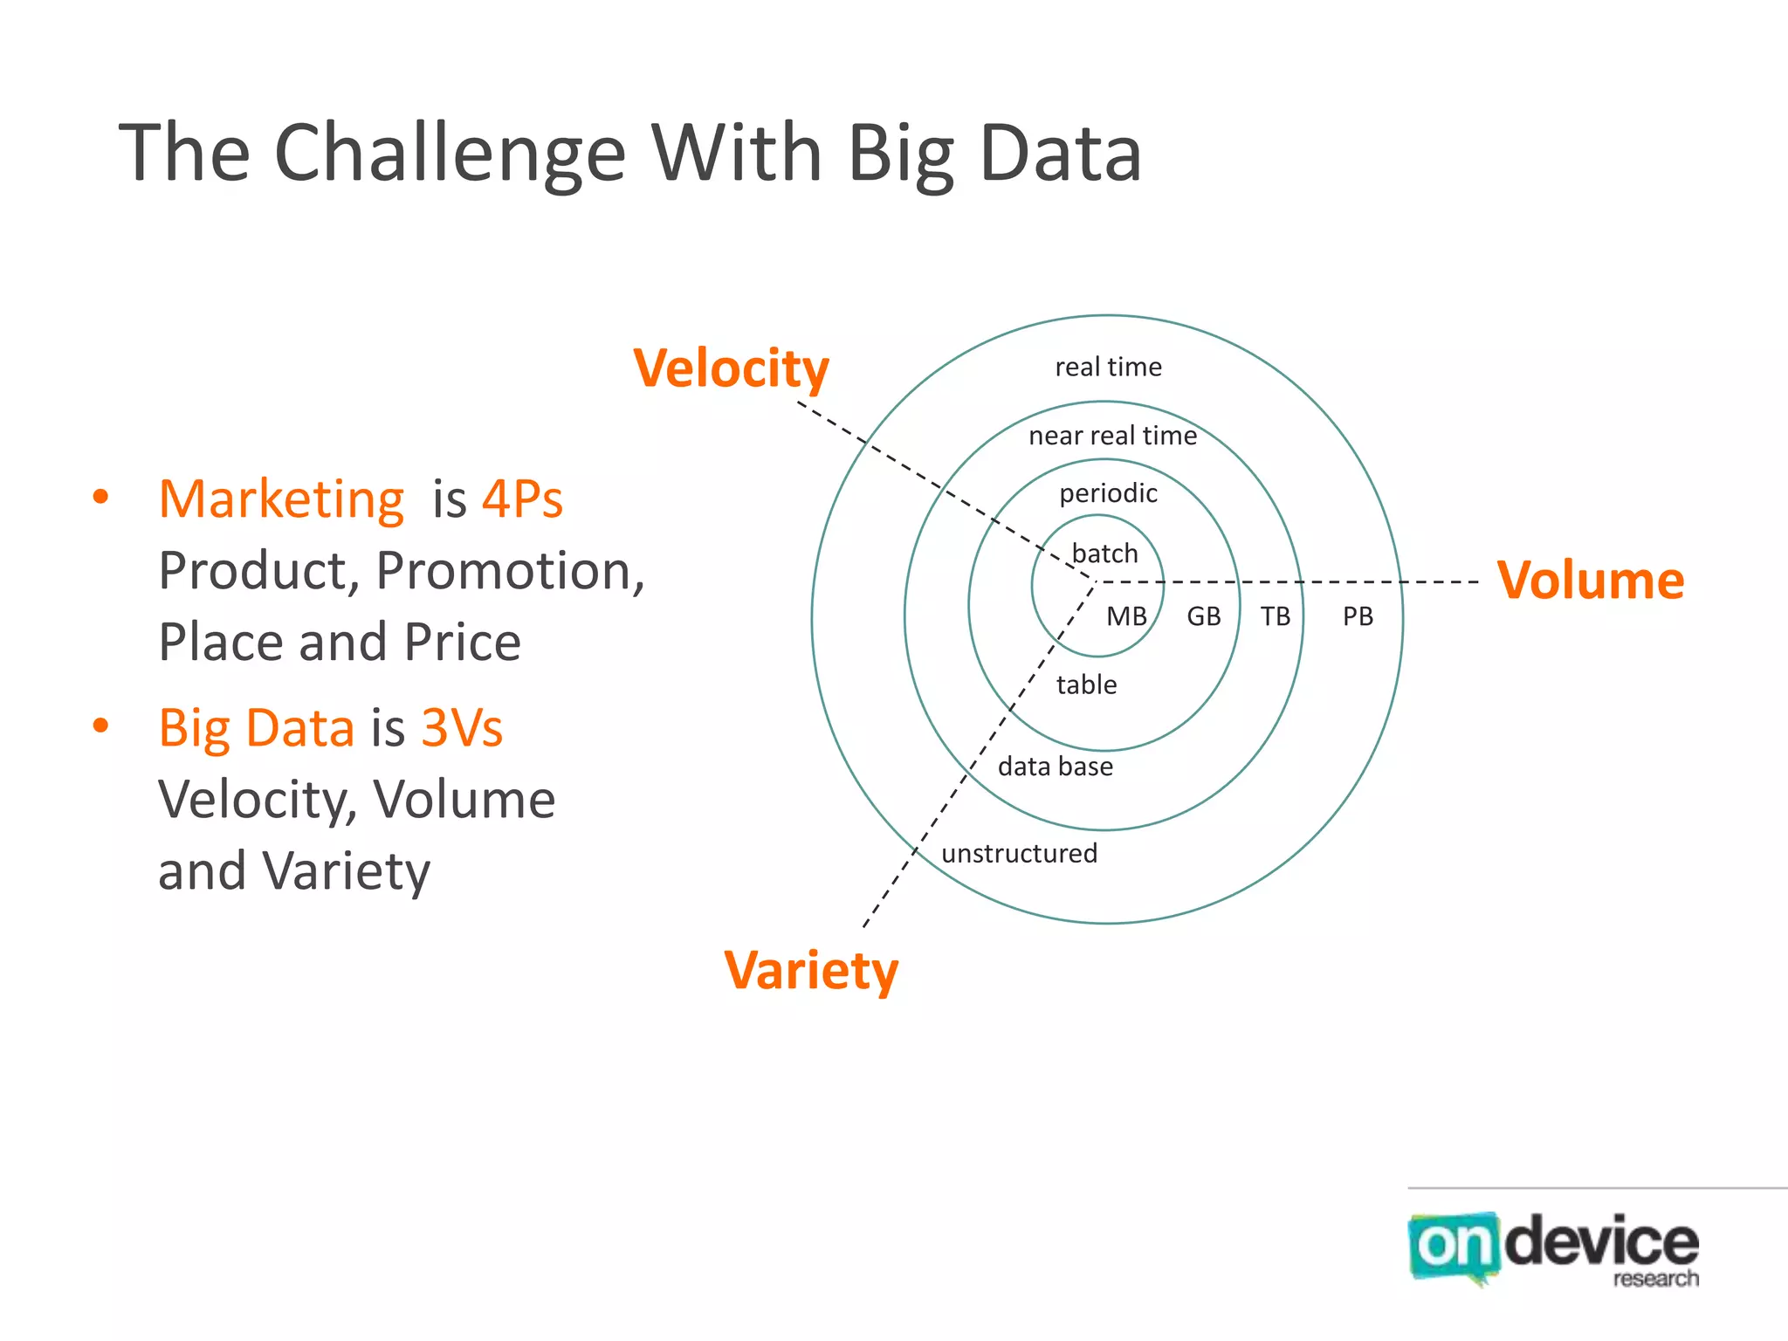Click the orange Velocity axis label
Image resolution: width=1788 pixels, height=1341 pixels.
click(x=731, y=369)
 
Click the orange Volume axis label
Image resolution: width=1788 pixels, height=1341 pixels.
click(x=1590, y=581)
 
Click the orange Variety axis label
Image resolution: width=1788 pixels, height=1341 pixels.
click(x=811, y=971)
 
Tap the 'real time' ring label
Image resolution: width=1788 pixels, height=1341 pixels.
click(x=1108, y=368)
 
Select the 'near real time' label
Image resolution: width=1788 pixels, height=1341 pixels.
click(x=1112, y=436)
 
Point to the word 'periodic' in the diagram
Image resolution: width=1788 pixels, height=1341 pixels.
click(x=1108, y=494)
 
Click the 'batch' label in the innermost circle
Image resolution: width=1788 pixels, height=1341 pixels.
click(x=1104, y=554)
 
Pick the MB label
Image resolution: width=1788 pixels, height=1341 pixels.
click(x=1126, y=617)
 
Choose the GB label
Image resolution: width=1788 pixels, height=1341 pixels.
click(x=1203, y=617)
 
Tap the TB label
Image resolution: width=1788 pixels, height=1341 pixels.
click(x=1275, y=617)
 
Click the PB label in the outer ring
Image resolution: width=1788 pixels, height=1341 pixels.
click(x=1358, y=617)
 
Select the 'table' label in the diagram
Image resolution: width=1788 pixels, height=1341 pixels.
click(x=1086, y=685)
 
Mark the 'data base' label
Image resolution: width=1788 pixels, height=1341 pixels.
click(x=1056, y=767)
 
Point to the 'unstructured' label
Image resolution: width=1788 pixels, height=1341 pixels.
click(x=1019, y=853)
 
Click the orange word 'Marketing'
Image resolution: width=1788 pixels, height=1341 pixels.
click(x=281, y=499)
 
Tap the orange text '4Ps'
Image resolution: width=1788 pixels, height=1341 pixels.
click(x=522, y=499)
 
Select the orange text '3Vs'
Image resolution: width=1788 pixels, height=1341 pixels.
click(x=462, y=728)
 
